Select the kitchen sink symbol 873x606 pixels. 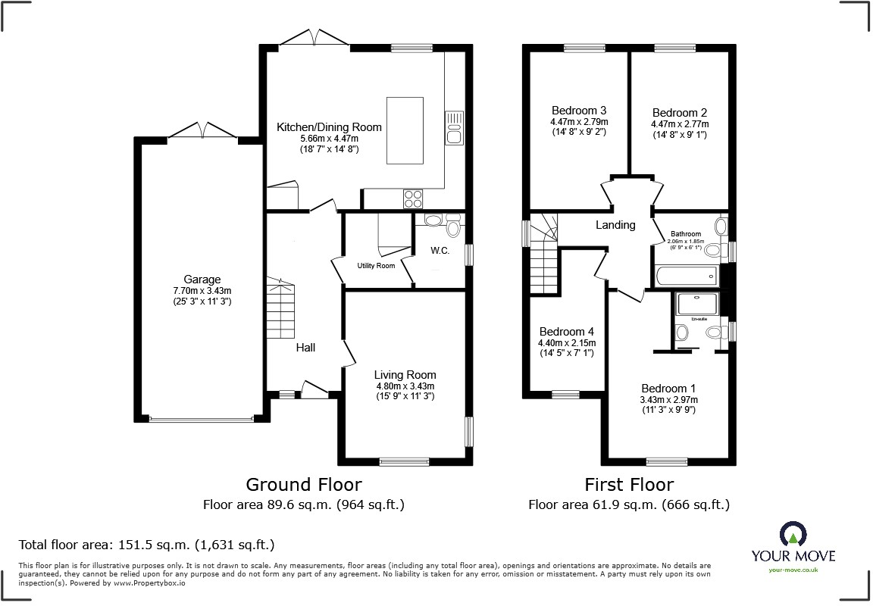454,127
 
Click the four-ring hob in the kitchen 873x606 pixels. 413,198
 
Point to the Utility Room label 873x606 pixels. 376,266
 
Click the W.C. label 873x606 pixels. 440,251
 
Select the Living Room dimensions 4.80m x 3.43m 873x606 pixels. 405,386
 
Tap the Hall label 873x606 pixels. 305,348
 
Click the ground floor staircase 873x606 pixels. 280,303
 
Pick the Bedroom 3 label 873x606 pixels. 579,111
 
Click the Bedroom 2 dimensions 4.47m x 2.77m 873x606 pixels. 680,124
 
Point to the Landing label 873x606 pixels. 615,225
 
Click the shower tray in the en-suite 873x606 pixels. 698,304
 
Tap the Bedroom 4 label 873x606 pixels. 566,332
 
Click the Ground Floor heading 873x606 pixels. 304,484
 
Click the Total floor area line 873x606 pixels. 146,545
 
